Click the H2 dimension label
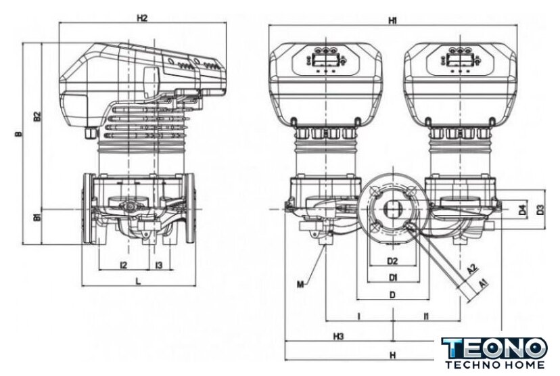tap(141, 18)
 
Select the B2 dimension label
tap(38, 116)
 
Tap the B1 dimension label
tap(38, 218)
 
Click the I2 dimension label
tap(123, 264)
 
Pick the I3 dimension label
tap(158, 264)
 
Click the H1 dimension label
tap(393, 21)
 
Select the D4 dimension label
tap(522, 210)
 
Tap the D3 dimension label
tap(540, 210)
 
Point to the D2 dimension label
tap(392, 260)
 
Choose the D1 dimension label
tap(392, 277)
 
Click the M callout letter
tap(299, 283)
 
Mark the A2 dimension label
tap(473, 269)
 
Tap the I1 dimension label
tap(425, 316)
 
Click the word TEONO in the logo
tap(494, 349)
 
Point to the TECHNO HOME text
tap(494, 365)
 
